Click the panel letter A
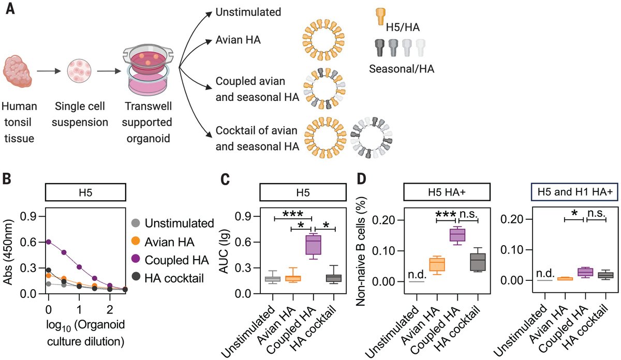[9, 10]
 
